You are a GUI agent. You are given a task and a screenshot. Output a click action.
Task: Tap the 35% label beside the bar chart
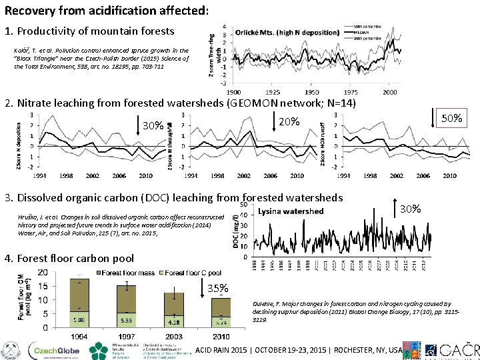[x=218, y=289]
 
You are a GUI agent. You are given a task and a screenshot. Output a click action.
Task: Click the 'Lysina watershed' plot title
[x=290, y=211]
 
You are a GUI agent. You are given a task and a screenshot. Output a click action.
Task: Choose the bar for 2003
[x=174, y=309]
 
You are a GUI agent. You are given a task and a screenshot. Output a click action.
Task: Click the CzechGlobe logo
[x=53, y=350]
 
